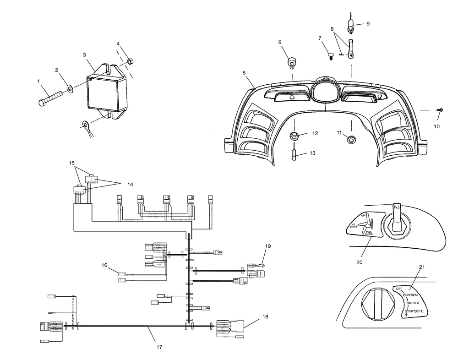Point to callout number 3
(84, 55)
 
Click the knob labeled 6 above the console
(291, 61)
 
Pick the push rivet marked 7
(330, 57)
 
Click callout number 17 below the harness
(159, 347)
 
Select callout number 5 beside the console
(244, 72)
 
